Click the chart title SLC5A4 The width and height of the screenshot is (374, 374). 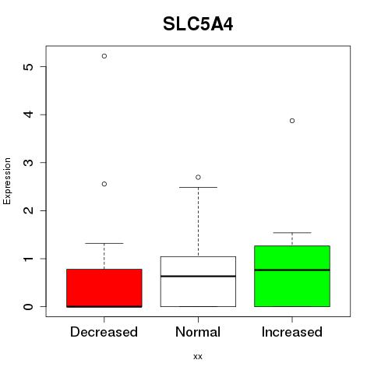[x=198, y=24]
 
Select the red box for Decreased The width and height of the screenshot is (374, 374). [x=104, y=288]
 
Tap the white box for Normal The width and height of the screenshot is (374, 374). [x=198, y=281]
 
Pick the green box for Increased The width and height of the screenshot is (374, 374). [x=292, y=276]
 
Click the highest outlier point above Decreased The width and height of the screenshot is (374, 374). [x=104, y=56]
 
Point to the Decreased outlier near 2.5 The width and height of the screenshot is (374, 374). [x=104, y=184]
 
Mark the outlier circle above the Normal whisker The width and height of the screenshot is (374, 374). [x=198, y=177]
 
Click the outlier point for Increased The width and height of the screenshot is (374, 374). [x=292, y=121]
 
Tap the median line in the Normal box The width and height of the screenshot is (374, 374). [x=198, y=276]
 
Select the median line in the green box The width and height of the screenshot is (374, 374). [x=292, y=270]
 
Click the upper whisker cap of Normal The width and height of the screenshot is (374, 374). [x=198, y=187]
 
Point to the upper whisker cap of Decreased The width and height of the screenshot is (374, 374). [x=104, y=243]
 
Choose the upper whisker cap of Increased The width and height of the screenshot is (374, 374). [x=292, y=233]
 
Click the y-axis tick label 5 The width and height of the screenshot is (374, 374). [x=28, y=67]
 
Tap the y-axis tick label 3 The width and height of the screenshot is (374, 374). [x=28, y=163]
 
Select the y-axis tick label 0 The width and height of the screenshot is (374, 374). [x=28, y=307]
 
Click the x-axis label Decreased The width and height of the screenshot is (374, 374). [x=104, y=332]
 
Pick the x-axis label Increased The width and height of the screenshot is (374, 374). [x=292, y=332]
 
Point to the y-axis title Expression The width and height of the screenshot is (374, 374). [x=7, y=181]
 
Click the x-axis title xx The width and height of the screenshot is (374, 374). [x=198, y=357]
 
